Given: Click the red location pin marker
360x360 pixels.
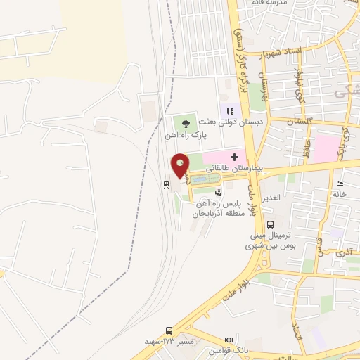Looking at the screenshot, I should tap(181, 166).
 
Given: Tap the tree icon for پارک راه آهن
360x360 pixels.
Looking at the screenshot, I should tap(184, 123).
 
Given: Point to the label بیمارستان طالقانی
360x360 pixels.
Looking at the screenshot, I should tap(236, 169).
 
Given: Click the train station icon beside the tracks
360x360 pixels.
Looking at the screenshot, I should tap(166, 185).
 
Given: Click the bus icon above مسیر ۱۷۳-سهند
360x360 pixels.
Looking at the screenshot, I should tap(169, 330).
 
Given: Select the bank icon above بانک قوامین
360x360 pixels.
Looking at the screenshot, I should tap(228, 339).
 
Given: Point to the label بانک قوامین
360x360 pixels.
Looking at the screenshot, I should tap(228, 350).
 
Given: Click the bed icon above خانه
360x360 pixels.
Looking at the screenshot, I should tap(340, 184).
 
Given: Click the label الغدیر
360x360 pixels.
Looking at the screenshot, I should tap(271, 197).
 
